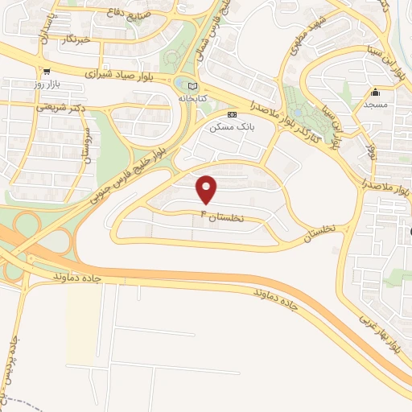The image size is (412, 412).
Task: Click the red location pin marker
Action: [208, 188]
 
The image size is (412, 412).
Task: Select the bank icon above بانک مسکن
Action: [233, 115]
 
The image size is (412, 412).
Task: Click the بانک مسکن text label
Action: [226, 127]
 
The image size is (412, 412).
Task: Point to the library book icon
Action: [191, 86]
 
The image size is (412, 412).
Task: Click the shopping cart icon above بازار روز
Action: [47, 72]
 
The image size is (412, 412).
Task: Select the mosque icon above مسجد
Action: [375, 92]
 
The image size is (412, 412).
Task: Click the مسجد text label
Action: [375, 104]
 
